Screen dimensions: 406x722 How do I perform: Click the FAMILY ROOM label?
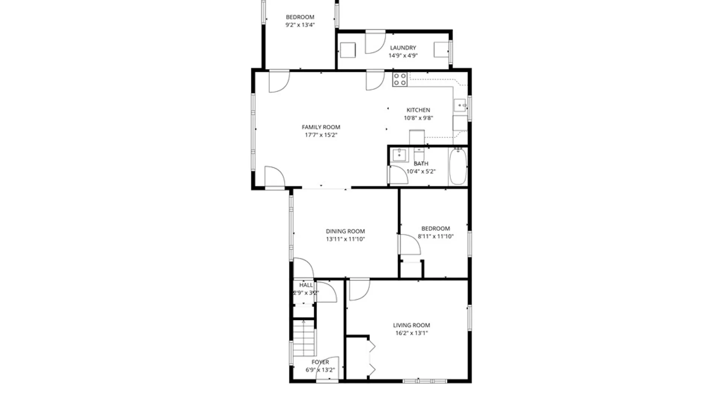(321, 127)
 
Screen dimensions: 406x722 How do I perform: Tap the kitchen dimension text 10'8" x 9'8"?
(418, 118)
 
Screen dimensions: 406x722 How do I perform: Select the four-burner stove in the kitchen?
(400, 79)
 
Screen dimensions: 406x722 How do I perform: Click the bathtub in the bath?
(458, 166)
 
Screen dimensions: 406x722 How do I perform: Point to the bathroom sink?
(399, 155)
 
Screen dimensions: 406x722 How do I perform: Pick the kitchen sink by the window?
(460, 105)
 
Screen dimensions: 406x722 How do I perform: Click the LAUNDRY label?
(403, 48)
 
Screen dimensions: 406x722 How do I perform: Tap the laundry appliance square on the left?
(347, 50)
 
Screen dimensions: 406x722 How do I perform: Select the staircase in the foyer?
(303, 338)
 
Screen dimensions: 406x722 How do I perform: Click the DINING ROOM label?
(345, 231)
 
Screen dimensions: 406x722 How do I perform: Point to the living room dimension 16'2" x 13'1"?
(411, 333)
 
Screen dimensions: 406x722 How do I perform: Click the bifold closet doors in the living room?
(372, 358)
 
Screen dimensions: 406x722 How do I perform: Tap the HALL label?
(306, 285)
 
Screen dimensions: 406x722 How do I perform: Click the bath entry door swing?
(398, 175)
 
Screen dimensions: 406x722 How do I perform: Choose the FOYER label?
(320, 362)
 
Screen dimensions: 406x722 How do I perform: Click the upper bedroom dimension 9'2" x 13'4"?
(300, 25)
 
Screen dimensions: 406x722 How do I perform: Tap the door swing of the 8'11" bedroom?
(409, 245)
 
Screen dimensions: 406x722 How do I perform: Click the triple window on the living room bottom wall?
(425, 381)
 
